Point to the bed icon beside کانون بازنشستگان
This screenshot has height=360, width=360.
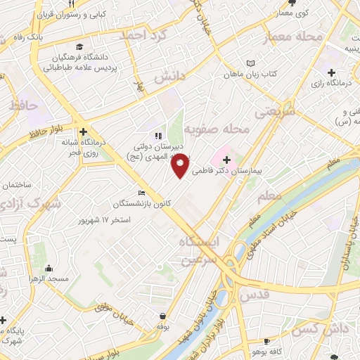tap(142, 193)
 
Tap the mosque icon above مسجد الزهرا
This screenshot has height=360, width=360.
tap(49, 267)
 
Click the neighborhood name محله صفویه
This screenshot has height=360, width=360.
tap(217, 129)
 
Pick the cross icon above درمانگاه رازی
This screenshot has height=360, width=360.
tap(331, 72)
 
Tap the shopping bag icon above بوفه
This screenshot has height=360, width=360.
tap(163, 316)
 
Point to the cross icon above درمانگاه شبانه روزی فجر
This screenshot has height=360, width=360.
tap(83, 131)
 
